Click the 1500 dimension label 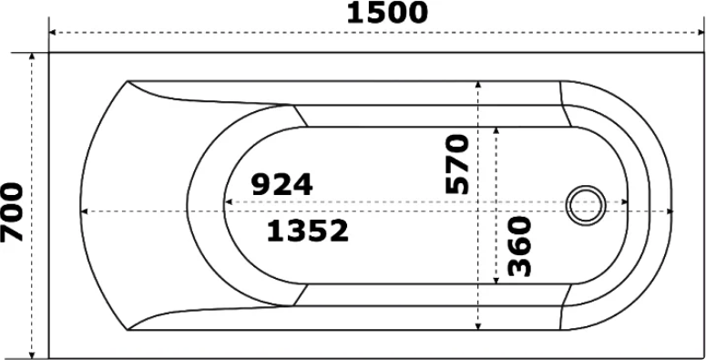[387, 13]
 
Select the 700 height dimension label [12, 211]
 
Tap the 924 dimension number [281, 184]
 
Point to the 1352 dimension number [308, 231]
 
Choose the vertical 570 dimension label [457, 164]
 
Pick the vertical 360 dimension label [519, 246]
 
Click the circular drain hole [586, 205]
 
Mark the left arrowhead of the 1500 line [52, 33]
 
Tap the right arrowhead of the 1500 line [701, 33]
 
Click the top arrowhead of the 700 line [32, 56]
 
